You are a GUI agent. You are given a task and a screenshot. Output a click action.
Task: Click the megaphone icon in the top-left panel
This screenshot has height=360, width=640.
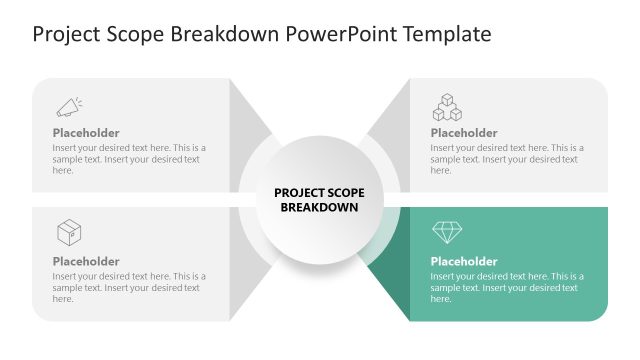pos(68,106)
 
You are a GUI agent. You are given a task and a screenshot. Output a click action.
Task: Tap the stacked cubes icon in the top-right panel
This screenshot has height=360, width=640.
pos(447,106)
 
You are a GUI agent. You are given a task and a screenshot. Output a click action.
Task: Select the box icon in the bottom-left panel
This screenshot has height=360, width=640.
pos(69,233)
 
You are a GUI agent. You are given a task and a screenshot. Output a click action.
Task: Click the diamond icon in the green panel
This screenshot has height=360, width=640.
pos(447,233)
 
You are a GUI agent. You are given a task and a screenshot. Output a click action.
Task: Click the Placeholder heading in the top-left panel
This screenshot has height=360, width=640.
pos(86,133)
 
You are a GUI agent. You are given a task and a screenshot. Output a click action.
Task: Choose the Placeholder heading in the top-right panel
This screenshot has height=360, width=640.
pos(464,133)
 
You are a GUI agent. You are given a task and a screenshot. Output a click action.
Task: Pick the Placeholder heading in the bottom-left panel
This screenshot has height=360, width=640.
pos(86,261)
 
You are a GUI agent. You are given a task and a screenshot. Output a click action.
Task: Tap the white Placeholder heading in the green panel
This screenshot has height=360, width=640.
pos(464,261)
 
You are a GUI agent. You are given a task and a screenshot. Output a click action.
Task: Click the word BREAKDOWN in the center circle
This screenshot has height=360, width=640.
pos(319,208)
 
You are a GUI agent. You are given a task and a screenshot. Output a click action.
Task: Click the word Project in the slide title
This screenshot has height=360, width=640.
pos(65,35)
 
